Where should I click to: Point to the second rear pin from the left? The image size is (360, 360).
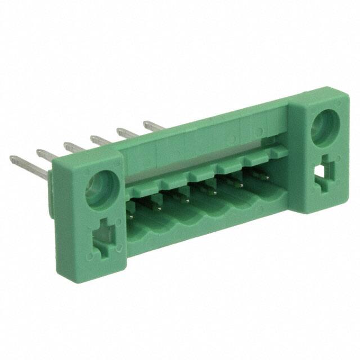(49, 155)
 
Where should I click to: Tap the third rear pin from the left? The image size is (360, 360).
(75, 147)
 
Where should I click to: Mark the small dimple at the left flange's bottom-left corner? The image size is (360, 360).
(88, 256)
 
